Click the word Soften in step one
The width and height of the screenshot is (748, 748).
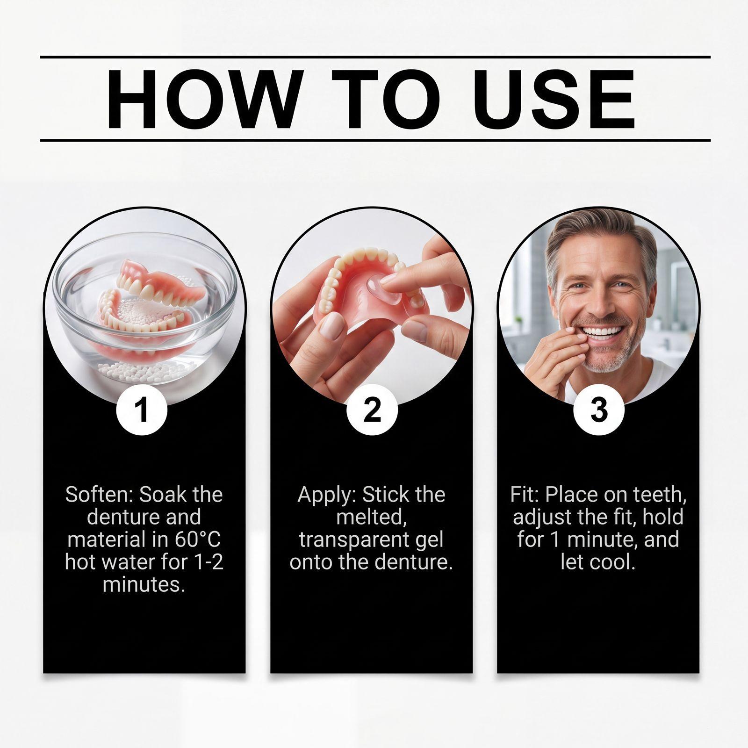tap(100, 495)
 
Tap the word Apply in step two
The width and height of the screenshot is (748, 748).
tap(327, 495)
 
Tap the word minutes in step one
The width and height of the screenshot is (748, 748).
tap(144, 584)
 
